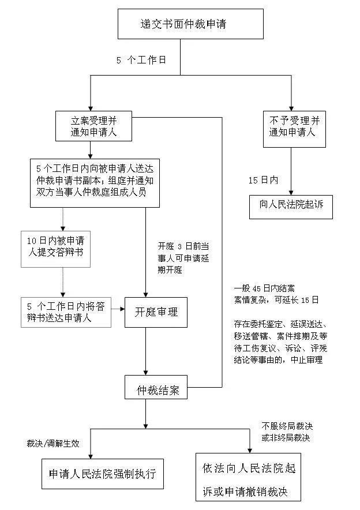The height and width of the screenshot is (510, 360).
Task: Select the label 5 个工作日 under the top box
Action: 141,59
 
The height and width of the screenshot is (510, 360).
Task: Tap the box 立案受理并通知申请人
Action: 94,126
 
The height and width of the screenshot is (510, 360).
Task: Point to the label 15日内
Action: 263,180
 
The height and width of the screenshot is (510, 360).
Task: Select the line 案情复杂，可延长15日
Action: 276,300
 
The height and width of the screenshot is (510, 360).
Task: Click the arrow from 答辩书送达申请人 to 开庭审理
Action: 118,309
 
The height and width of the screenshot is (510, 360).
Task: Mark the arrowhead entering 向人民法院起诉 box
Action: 291,193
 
